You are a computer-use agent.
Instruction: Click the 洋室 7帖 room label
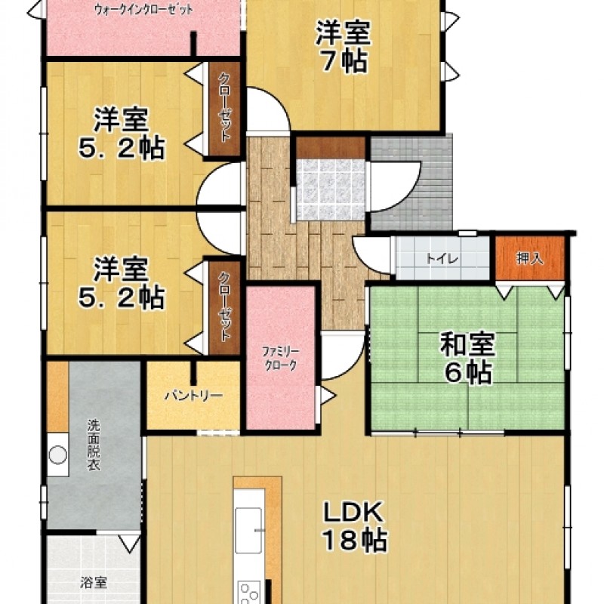(x=342, y=46)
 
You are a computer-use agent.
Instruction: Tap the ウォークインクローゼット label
(x=143, y=10)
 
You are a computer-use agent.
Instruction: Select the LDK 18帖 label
(x=354, y=526)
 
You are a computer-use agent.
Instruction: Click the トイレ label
(x=442, y=258)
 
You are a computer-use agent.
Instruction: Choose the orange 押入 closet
(x=530, y=258)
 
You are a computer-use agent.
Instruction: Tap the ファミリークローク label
(x=280, y=358)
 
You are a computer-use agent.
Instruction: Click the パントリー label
(x=194, y=396)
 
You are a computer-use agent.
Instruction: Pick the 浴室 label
(x=94, y=582)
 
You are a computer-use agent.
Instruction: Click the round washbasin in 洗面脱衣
(x=57, y=455)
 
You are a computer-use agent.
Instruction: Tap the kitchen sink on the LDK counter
(x=248, y=531)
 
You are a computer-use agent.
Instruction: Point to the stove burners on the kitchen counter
(x=249, y=593)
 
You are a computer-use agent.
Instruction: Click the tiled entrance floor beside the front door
(x=331, y=190)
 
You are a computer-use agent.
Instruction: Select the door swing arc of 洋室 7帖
(x=269, y=109)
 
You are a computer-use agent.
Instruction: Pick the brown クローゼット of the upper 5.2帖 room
(x=224, y=109)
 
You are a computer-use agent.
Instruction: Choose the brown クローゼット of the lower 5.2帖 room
(x=224, y=308)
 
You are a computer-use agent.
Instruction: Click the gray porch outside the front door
(x=412, y=182)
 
